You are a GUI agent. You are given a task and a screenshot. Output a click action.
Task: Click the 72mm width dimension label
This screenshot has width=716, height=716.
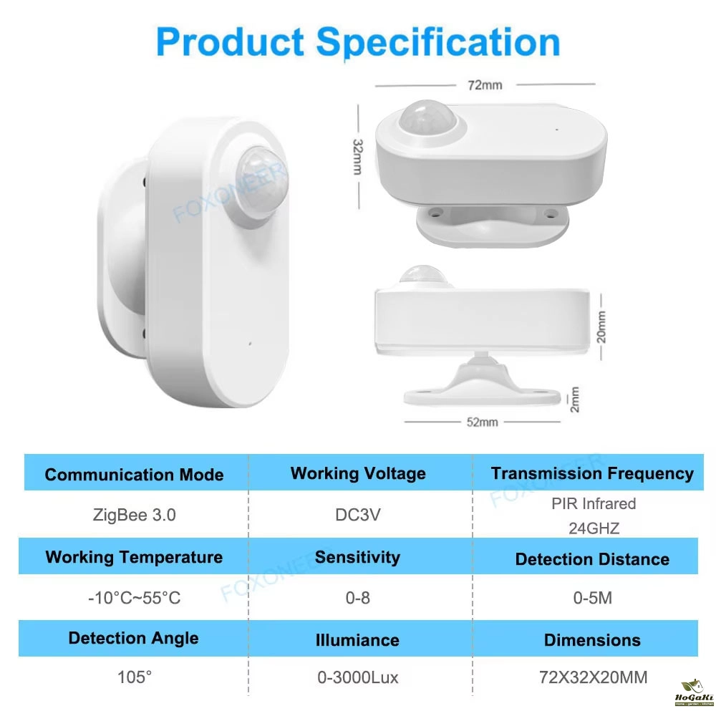485,85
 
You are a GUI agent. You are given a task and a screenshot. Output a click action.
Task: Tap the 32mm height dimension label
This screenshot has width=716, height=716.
357,157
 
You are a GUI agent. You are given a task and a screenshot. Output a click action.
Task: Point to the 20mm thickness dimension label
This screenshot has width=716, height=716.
601,327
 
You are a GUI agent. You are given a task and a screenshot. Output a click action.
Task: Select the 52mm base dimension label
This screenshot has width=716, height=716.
482,422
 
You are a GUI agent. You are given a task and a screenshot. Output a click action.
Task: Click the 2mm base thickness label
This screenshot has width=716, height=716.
575,399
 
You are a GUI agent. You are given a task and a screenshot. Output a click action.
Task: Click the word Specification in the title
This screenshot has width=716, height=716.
438,42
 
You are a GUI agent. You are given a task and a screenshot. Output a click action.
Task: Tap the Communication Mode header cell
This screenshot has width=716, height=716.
135,475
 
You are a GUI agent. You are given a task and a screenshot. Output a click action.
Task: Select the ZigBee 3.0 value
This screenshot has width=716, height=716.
135,515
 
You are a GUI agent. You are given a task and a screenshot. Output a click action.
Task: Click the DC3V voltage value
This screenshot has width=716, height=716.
357,515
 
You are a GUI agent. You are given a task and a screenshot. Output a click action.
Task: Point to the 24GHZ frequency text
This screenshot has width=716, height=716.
594,528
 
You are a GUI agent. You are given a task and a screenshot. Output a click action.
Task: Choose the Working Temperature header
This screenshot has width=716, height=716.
134,557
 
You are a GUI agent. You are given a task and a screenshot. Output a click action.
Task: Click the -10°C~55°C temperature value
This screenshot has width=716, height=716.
135,598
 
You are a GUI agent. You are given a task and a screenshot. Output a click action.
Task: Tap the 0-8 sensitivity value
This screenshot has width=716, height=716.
357,598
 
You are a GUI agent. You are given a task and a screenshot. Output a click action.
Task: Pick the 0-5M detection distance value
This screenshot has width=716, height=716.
593,598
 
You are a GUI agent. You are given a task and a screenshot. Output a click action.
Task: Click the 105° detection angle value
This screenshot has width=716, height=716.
135,677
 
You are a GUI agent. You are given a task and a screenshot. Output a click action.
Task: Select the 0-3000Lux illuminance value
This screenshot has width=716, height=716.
357,677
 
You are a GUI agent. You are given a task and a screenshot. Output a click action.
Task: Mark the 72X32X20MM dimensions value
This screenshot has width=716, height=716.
593,677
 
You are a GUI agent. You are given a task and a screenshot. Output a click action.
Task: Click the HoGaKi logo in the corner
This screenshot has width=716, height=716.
694,692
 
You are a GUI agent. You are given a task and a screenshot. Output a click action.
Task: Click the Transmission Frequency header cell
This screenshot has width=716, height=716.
592,473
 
